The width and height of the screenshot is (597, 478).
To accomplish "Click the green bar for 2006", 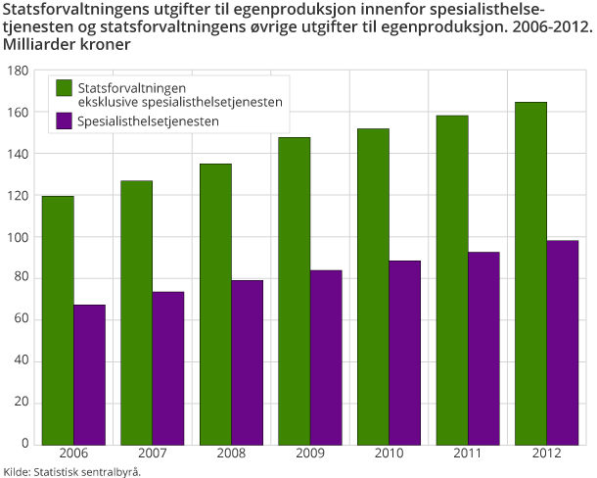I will click(x=58, y=319).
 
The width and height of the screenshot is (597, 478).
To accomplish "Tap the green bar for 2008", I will click(x=215, y=304).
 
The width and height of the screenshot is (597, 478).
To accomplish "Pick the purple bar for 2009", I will click(x=326, y=358).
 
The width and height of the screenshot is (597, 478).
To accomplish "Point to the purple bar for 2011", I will click(x=483, y=348).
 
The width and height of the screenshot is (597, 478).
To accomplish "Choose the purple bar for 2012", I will click(x=563, y=342).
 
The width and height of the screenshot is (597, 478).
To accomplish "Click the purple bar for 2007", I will click(x=167, y=367).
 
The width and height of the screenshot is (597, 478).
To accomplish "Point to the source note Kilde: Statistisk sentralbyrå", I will click(x=72, y=471).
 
